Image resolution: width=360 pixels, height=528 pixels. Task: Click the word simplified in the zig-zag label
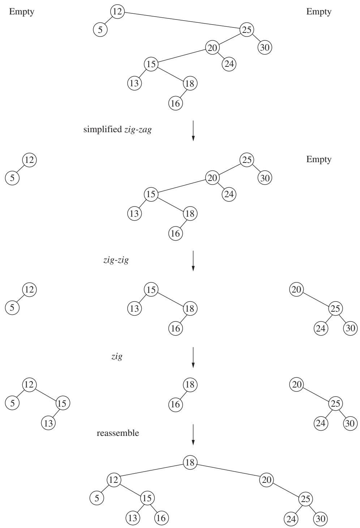[x=103, y=129]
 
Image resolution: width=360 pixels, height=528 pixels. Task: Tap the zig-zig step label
[x=116, y=260]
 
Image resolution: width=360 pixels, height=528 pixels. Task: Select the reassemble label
[x=118, y=433]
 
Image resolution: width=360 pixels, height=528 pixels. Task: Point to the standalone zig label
[x=117, y=357]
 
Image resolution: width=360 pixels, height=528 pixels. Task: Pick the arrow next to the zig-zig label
[x=193, y=261]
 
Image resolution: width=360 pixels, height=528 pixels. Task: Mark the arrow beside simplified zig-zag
[x=193, y=131]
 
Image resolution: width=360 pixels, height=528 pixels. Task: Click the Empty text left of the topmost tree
[x=22, y=12]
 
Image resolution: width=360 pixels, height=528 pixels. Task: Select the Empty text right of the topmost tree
[x=319, y=12]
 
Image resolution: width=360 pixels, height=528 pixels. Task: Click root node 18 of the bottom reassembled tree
[x=190, y=462]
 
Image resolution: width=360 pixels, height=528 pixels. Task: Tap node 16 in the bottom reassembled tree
[x=161, y=518]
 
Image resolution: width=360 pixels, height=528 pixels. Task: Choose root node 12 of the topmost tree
[x=117, y=11]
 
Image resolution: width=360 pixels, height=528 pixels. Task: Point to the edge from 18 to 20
[x=228, y=471]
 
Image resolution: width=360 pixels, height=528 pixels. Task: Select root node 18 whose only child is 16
[x=190, y=385]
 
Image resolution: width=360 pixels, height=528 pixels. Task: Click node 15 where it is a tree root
[x=151, y=289]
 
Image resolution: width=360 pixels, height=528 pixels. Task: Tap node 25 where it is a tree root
[x=247, y=160]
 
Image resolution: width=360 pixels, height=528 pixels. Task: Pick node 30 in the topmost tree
[x=265, y=47]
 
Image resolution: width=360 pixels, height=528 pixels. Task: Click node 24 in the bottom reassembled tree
[x=291, y=519]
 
